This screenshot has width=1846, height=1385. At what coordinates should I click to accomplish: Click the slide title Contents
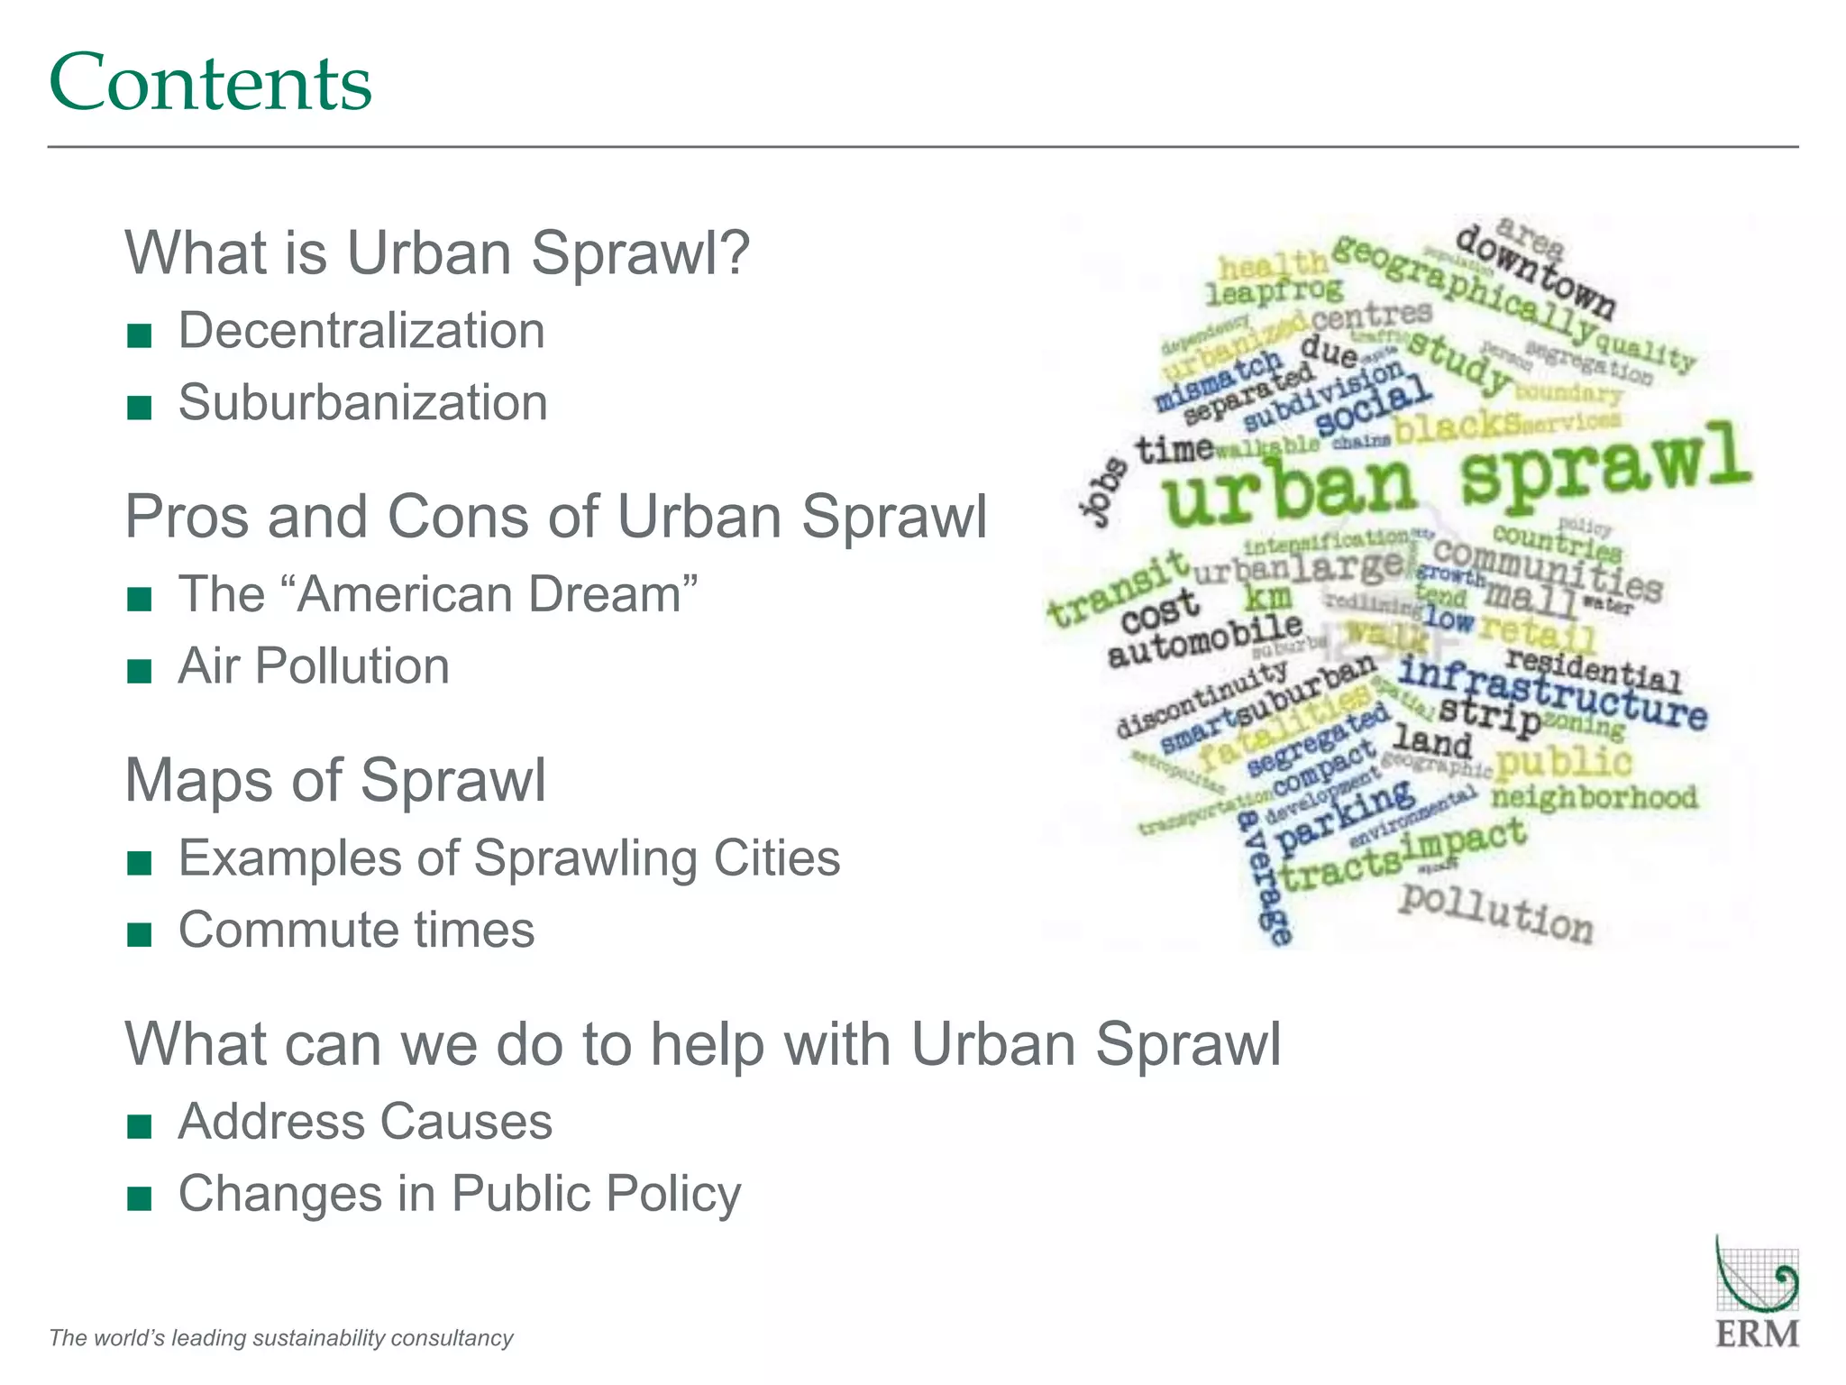[210, 83]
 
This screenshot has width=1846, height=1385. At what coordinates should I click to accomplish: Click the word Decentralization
[361, 331]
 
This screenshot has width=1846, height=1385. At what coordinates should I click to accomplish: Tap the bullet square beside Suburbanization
[140, 408]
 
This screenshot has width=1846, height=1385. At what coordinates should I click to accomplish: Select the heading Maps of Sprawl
[335, 780]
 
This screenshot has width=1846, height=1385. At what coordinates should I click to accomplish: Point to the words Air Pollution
[314, 666]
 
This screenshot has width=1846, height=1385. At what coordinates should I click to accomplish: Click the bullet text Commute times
[356, 930]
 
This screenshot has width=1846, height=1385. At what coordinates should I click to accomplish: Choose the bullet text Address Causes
[365, 1122]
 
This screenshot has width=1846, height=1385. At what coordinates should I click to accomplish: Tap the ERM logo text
[1757, 1334]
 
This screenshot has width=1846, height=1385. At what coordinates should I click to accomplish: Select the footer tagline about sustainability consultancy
[281, 1337]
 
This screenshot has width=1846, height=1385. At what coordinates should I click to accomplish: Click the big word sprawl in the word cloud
[1604, 464]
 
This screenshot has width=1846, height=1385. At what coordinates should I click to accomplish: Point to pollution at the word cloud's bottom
[1496, 913]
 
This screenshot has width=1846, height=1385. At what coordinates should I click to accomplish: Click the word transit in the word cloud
[1118, 588]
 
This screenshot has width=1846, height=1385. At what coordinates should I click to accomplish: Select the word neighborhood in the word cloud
[1594, 797]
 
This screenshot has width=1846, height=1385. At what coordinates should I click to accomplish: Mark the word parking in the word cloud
[1345, 816]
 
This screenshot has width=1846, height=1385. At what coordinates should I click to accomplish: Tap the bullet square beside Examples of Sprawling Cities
[140, 863]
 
